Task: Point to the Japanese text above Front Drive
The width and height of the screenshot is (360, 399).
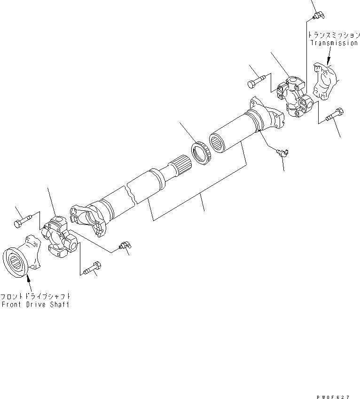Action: [x=37, y=296]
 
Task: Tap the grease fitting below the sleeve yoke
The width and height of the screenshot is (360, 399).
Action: [x=282, y=152]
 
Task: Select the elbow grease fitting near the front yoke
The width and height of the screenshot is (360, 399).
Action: [x=125, y=245]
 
